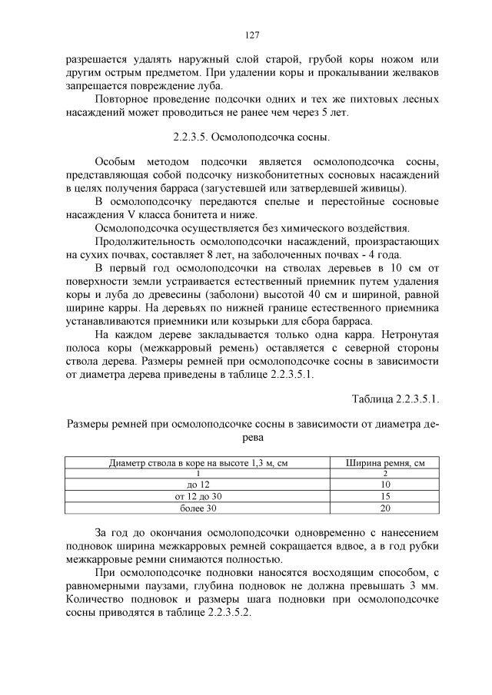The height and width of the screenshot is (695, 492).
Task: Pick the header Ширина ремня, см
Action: coord(385,462)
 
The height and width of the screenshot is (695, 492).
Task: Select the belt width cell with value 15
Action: coord(385,497)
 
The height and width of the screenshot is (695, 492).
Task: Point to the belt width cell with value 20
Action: coord(385,508)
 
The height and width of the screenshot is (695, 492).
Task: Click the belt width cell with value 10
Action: coord(385,485)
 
